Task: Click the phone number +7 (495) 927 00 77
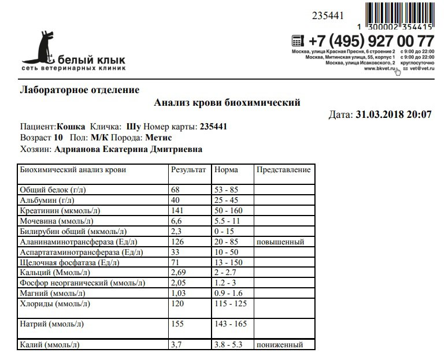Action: pos(370,42)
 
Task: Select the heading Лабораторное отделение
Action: pos(80,90)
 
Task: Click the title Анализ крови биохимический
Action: pos(227,103)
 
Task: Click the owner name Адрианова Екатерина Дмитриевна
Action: pos(128,149)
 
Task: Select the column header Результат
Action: pos(188,170)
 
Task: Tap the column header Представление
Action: pos(283,170)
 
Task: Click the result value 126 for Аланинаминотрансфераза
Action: pos(177,242)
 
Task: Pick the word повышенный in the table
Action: pos(280,242)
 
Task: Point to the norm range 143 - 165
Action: pos(230,325)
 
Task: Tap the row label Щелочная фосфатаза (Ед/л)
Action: pos(69,263)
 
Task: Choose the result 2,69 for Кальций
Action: pos(179,273)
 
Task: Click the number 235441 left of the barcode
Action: pos(327,15)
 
